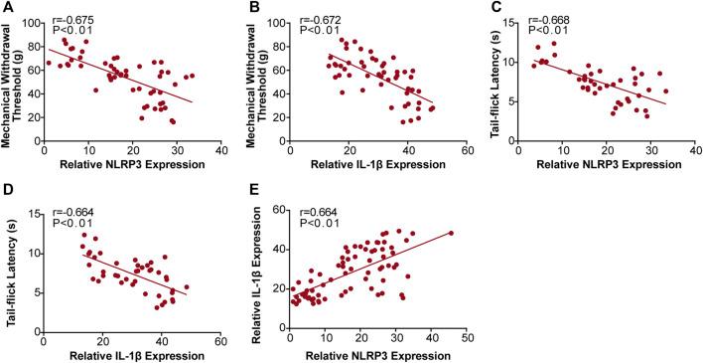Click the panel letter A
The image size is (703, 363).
click(x=8, y=9)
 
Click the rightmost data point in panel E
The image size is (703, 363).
click(x=451, y=234)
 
